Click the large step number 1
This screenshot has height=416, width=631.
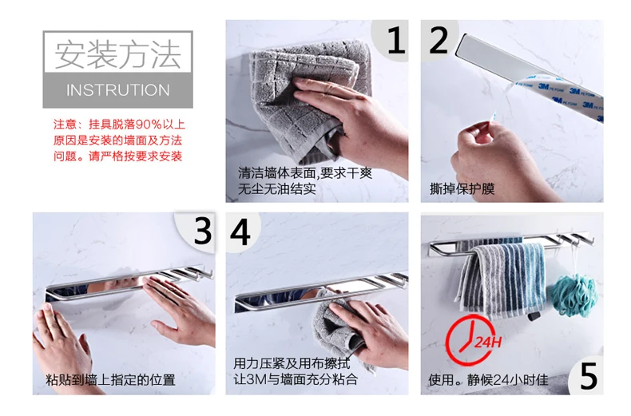396,40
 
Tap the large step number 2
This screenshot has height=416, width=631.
439,40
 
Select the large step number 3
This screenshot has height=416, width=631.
203,232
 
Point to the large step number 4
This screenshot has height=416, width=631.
240,232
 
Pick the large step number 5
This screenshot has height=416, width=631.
589,376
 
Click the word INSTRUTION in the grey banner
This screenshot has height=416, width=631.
118,90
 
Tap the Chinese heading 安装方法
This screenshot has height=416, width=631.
118,54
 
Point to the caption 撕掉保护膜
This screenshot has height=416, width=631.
462,188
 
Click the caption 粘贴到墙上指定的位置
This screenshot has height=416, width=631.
110,379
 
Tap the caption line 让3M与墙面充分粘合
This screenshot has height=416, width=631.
296,379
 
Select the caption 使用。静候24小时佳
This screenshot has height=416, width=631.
489,379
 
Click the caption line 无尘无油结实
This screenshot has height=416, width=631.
277,188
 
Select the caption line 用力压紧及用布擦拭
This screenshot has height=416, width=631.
292,363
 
